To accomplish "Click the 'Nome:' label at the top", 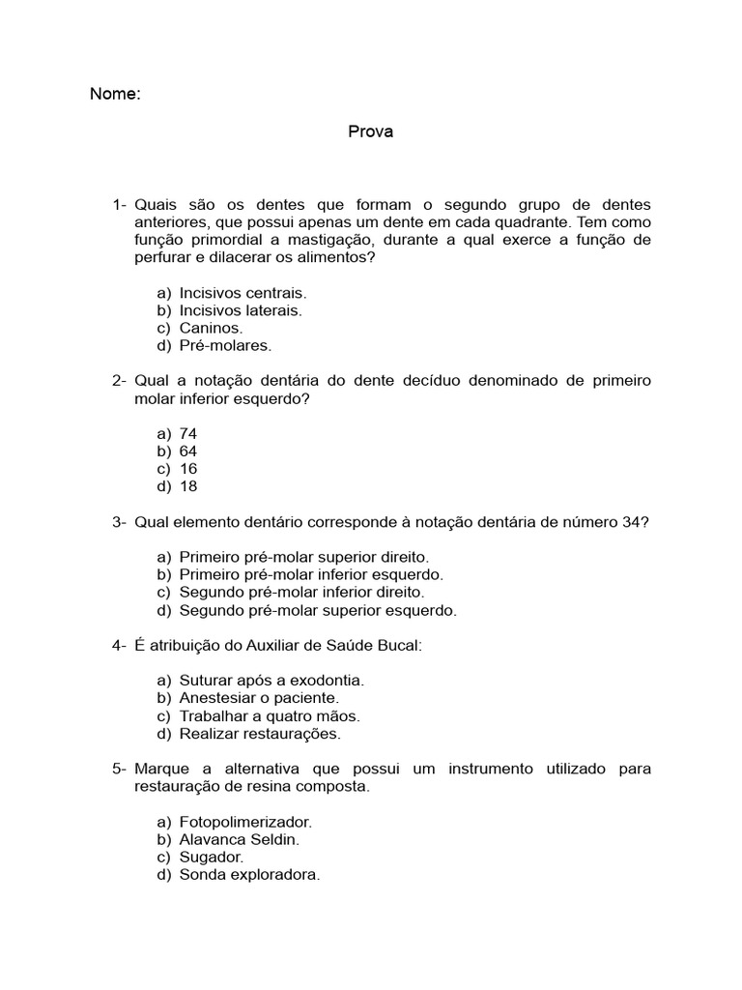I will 115,95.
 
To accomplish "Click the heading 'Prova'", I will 370,132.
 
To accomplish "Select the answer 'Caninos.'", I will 211,328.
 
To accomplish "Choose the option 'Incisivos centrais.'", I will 243,293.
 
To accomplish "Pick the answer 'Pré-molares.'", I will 225,345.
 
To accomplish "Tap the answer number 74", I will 188,434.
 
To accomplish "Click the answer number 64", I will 188,451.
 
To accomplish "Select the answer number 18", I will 188,486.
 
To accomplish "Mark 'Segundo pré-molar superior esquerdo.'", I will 318,610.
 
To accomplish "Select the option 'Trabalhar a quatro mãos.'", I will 270,716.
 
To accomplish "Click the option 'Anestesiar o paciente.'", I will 259,698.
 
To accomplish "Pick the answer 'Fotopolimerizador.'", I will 245,822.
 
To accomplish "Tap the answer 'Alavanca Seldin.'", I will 240,839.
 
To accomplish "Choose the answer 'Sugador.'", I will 212,857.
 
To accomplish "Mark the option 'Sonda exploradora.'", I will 249,875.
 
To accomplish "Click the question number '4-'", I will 120,646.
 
